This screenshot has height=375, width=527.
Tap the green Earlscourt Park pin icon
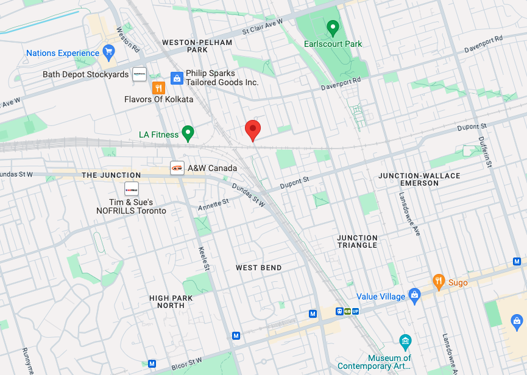333,27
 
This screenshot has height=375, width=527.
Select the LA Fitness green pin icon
188,133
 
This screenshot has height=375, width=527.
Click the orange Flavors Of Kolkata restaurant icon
158,88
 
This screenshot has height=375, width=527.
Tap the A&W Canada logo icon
177,168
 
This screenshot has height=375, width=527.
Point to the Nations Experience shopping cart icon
108,51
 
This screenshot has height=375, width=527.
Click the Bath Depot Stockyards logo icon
140,74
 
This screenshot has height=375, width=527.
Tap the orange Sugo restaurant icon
439,281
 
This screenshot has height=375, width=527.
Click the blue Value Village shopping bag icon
415,296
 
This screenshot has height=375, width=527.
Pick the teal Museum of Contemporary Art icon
405,340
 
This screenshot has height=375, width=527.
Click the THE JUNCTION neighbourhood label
111,175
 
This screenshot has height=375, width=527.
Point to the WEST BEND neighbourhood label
259,268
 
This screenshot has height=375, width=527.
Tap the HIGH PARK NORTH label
171,302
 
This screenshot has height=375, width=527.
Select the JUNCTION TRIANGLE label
358,242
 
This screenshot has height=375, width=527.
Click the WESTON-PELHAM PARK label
197,46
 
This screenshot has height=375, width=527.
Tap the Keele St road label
205,258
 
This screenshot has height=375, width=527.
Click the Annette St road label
213,205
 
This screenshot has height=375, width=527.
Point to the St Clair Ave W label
263,27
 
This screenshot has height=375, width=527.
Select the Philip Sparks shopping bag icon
177,77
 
